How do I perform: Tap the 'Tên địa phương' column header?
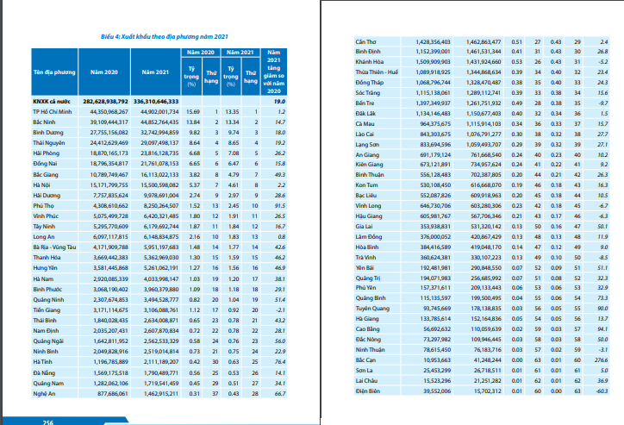(52, 74)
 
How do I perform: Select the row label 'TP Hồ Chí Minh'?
(52, 111)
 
